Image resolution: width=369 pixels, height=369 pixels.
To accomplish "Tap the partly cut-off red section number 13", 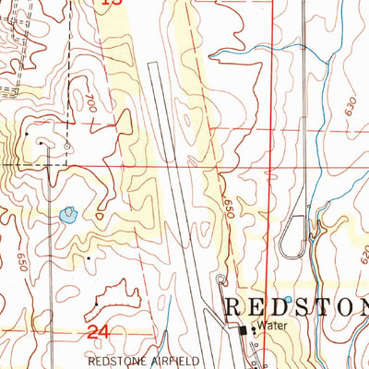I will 112,4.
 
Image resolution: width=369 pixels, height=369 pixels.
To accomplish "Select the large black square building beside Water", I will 244,329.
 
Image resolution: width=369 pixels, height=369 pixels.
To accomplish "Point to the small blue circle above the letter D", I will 287,300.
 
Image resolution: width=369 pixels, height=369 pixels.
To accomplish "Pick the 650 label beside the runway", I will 227,211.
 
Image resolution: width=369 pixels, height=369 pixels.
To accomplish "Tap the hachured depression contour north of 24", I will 115,300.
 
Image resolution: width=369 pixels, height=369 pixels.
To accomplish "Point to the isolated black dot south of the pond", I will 87,259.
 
